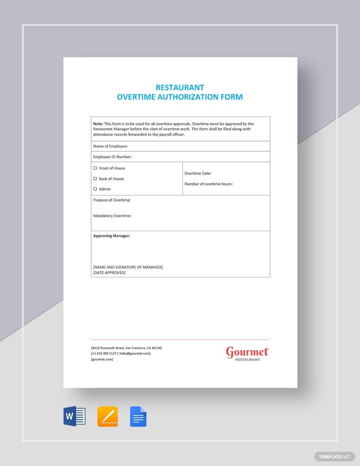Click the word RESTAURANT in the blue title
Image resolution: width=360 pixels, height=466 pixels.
tap(180, 87)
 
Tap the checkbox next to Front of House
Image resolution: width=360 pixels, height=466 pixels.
tap(95, 168)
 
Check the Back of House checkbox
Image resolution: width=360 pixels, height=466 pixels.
tap(95, 179)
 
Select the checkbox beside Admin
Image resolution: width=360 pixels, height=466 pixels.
tap(95, 189)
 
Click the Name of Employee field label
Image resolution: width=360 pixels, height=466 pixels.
tap(110, 146)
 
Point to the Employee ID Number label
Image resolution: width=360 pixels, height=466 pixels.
tap(112, 157)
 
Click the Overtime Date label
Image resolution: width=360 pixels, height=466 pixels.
tap(198, 173)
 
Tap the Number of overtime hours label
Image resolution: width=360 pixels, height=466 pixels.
tap(209, 184)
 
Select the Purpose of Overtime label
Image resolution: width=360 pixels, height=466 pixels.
tap(112, 200)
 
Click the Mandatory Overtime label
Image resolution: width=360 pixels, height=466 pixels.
tap(112, 216)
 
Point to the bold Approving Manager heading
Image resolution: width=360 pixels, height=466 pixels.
tap(112, 236)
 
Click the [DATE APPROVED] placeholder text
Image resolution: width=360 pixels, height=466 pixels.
tap(109, 273)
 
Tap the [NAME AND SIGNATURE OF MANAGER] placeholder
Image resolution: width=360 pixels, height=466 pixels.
tap(128, 267)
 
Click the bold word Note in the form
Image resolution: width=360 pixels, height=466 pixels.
tap(98, 124)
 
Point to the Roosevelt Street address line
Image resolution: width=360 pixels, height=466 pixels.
tap(126, 348)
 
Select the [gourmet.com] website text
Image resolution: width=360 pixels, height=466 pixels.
tap(102, 359)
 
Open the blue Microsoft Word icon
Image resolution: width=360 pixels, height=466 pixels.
tap(74, 417)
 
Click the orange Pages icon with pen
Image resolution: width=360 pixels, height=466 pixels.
tap(108, 417)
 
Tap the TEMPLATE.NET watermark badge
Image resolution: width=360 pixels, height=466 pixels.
tap(335, 457)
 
